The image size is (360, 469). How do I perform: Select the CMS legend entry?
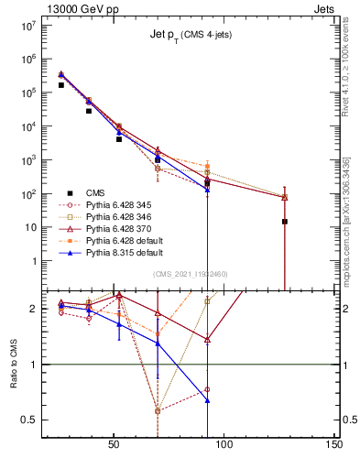pos(95,192)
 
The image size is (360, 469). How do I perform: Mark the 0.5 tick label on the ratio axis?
pos(30,420)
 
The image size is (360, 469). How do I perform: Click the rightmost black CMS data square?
pos(285,221)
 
